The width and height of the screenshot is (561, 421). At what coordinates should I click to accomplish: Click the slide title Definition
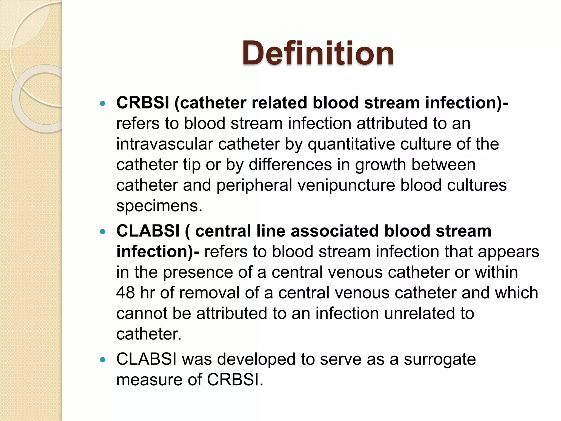(318, 53)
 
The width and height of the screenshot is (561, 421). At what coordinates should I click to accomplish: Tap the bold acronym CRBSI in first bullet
(143, 103)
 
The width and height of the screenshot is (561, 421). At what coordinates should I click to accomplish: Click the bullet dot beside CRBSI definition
(103, 104)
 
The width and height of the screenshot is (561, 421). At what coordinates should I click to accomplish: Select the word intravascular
(164, 144)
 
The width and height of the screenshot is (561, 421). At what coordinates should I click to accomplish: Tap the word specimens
(159, 206)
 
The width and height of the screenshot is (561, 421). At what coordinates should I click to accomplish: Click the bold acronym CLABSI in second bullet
(148, 231)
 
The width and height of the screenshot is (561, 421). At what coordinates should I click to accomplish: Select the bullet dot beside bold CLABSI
(103, 232)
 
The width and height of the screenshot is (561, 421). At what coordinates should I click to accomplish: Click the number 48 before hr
(125, 293)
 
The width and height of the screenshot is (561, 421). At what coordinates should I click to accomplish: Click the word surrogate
(440, 360)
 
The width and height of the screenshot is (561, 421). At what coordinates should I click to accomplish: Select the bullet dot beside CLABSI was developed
(103, 360)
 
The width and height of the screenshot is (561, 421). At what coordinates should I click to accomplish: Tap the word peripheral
(254, 185)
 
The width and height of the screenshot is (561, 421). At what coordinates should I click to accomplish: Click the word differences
(290, 165)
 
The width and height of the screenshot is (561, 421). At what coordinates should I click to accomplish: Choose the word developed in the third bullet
(256, 359)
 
